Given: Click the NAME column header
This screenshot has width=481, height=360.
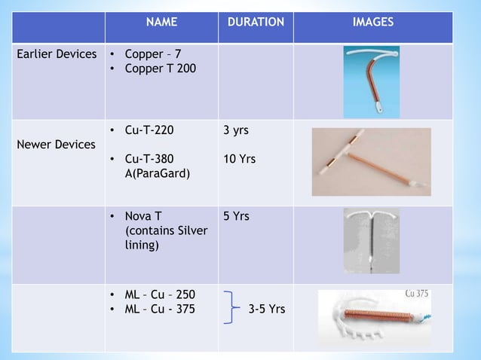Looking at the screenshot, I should click(161, 23).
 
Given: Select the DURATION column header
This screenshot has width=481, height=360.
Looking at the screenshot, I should click(256, 23).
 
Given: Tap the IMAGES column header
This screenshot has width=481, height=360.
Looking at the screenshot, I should click(372, 23).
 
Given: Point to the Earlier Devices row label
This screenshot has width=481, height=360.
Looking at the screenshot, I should click(58, 55).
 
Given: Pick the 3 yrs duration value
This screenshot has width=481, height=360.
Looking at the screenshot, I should click(236, 130).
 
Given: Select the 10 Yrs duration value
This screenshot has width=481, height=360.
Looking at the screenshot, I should click(240, 159).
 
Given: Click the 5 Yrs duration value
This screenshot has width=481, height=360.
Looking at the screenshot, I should click(237, 217).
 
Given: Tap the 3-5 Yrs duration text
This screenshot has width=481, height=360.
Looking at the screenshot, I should click(266, 308).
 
